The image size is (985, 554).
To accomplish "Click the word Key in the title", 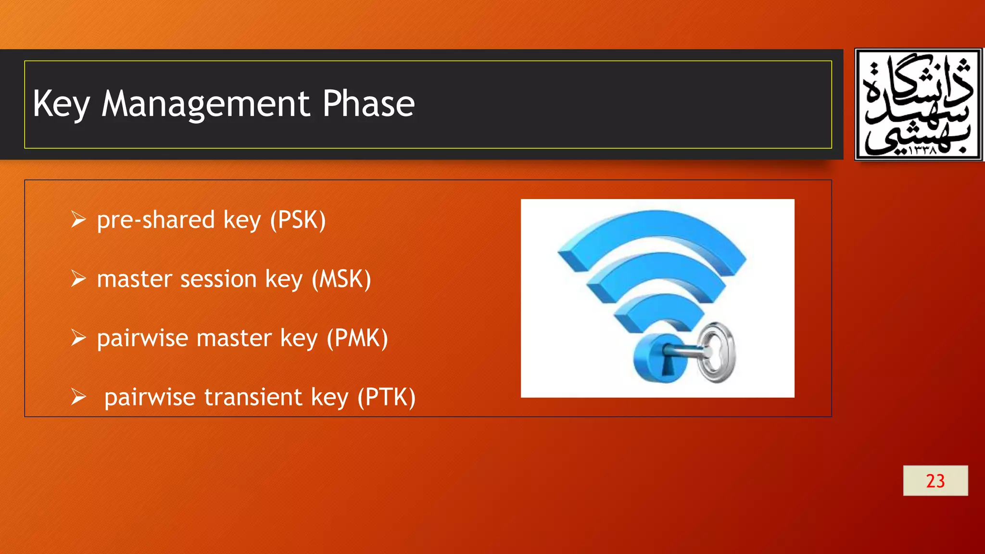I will (61, 104).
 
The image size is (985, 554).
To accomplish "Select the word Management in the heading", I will (205, 104).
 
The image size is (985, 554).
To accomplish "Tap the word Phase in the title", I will (368, 104).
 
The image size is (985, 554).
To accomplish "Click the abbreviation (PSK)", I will (298, 220).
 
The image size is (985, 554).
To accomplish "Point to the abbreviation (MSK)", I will (341, 279).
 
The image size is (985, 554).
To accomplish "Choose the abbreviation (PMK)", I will (357, 338).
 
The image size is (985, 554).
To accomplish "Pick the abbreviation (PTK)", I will (386, 397).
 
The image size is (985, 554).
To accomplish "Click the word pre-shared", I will (155, 220).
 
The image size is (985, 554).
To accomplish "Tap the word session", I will (218, 279).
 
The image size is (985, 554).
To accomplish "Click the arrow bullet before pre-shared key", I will (78, 220).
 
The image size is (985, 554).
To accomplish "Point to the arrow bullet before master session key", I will (78, 279).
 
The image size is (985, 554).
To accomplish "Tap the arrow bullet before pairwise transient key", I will (78, 397).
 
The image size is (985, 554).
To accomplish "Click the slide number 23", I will (935, 480).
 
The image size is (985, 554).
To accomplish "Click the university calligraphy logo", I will (918, 104).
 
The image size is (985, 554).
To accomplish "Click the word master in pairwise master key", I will (234, 338).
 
